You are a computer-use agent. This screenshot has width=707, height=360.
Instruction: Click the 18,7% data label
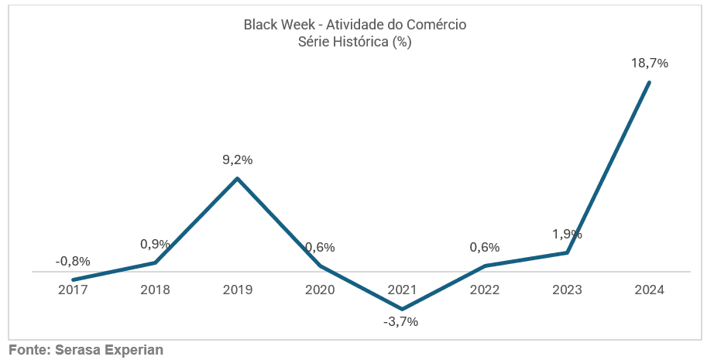[649, 63]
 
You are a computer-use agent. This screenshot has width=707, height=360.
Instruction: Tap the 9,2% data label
[237, 160]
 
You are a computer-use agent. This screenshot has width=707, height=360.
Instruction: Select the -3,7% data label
[400, 321]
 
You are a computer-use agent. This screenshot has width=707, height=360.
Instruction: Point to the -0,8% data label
[73, 261]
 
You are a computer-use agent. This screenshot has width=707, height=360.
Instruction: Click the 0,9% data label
[155, 244]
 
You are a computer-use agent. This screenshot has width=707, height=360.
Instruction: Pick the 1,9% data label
[567, 234]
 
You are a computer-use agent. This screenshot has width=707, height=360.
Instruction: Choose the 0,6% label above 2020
[319, 248]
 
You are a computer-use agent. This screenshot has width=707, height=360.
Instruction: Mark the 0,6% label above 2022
[484, 248]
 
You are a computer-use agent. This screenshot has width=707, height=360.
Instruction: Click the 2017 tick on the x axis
[73, 290]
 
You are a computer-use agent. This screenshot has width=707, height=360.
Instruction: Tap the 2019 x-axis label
[237, 290]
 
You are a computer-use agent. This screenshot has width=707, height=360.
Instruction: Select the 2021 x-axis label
[402, 290]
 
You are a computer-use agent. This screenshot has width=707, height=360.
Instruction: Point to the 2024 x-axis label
[649, 290]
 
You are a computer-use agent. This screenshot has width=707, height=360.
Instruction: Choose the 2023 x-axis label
[567, 290]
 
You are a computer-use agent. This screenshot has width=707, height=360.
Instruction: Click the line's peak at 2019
[237, 179]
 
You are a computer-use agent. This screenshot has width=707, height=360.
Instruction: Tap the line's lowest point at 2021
[402, 309]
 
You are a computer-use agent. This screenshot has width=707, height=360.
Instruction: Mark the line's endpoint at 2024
[649, 82]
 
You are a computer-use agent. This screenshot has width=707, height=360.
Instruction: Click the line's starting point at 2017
[73, 279]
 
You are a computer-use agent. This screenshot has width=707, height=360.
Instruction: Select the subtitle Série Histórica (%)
[354, 42]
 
